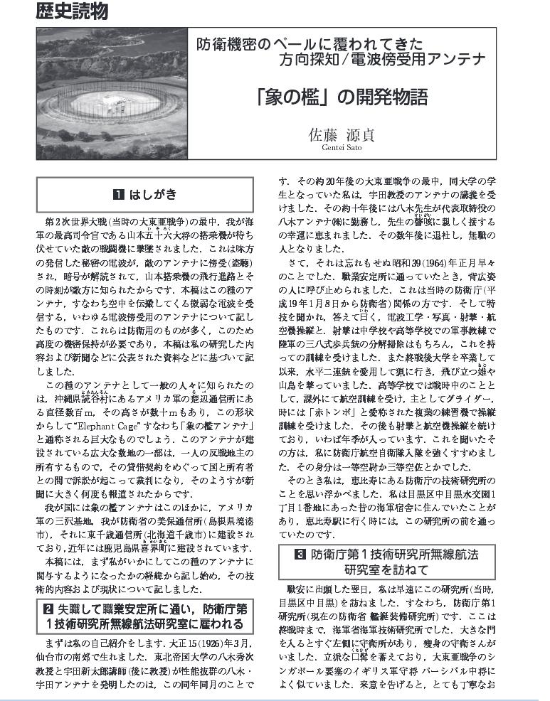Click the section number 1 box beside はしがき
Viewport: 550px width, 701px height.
click(x=118, y=194)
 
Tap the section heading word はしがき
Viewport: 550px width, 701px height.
click(x=153, y=194)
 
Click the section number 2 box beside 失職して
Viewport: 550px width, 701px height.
click(x=47, y=608)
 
